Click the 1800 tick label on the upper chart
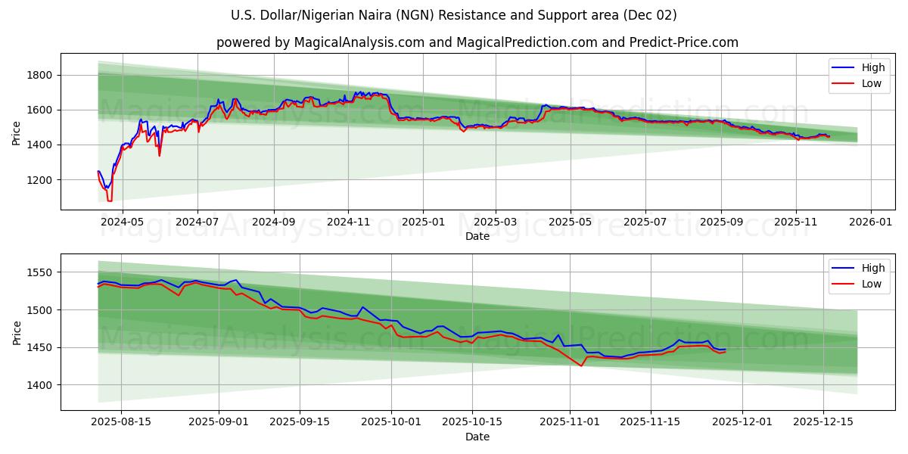click(x=40, y=75)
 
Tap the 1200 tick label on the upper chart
click(x=40, y=180)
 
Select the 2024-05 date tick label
click(x=122, y=222)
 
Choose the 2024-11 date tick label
click(x=348, y=222)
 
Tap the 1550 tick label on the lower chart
click(x=40, y=272)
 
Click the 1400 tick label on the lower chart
click(x=40, y=385)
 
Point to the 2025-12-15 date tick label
click(x=822, y=422)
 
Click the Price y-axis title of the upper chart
click(x=17, y=134)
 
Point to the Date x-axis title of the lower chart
click(x=477, y=437)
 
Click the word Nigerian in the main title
click(x=349, y=15)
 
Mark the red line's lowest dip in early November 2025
click(x=582, y=366)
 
